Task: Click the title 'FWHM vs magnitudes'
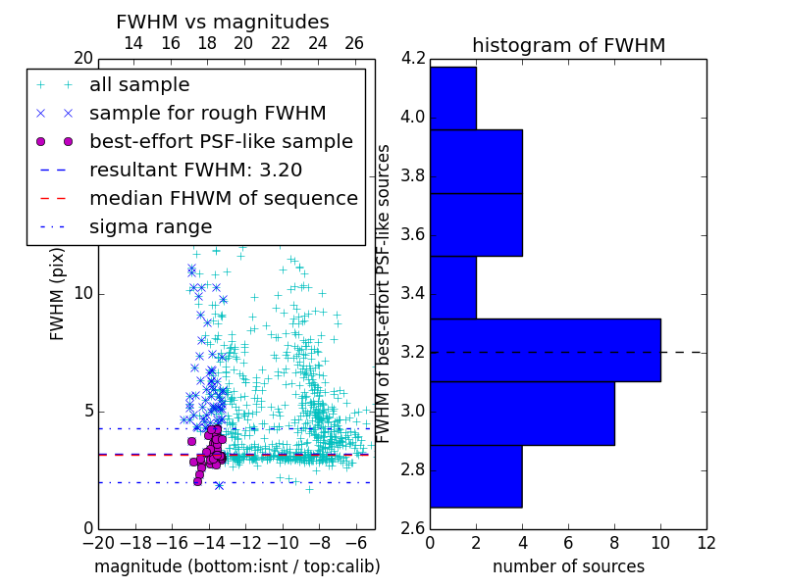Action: pyautogui.click(x=223, y=22)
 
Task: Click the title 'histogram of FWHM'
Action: pyautogui.click(x=568, y=45)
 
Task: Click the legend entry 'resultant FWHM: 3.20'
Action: pyautogui.click(x=195, y=170)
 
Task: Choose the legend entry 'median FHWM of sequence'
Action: pyautogui.click(x=223, y=198)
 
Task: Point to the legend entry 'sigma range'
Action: pyautogui.click(x=150, y=226)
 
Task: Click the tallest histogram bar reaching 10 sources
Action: pyautogui.click(x=545, y=350)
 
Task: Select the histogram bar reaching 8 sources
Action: pyautogui.click(x=522, y=414)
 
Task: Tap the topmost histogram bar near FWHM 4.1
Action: pyautogui.click(x=453, y=98)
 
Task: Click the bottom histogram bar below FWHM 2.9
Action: pyautogui.click(x=476, y=476)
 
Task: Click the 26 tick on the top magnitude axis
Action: pyautogui.click(x=354, y=43)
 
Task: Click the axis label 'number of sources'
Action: pyautogui.click(x=568, y=566)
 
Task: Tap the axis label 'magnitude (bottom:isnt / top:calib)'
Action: pyautogui.click(x=236, y=566)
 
